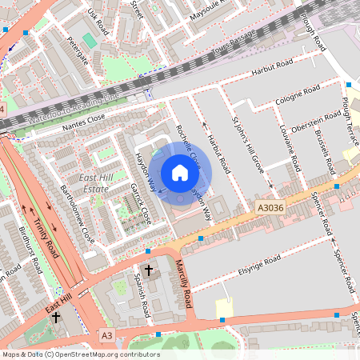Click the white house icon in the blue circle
click(180, 173)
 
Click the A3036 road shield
click(270, 206)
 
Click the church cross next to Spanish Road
click(149, 270)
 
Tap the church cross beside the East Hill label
click(55, 318)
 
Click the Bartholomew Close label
click(77, 214)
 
